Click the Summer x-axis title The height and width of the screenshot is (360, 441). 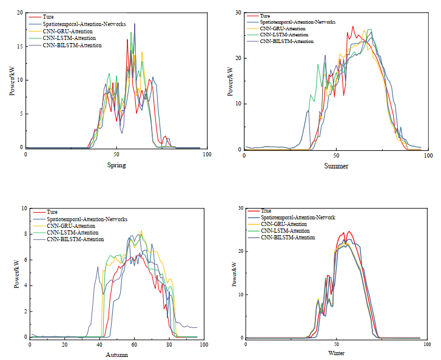(x=336, y=165)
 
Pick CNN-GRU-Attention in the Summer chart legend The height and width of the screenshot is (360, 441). (x=282, y=28)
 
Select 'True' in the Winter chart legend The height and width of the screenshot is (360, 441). (x=267, y=211)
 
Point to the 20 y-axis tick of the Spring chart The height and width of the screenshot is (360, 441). (x=19, y=12)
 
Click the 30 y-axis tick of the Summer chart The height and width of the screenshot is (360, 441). (x=239, y=13)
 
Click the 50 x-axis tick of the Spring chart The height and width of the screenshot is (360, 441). (x=116, y=155)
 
